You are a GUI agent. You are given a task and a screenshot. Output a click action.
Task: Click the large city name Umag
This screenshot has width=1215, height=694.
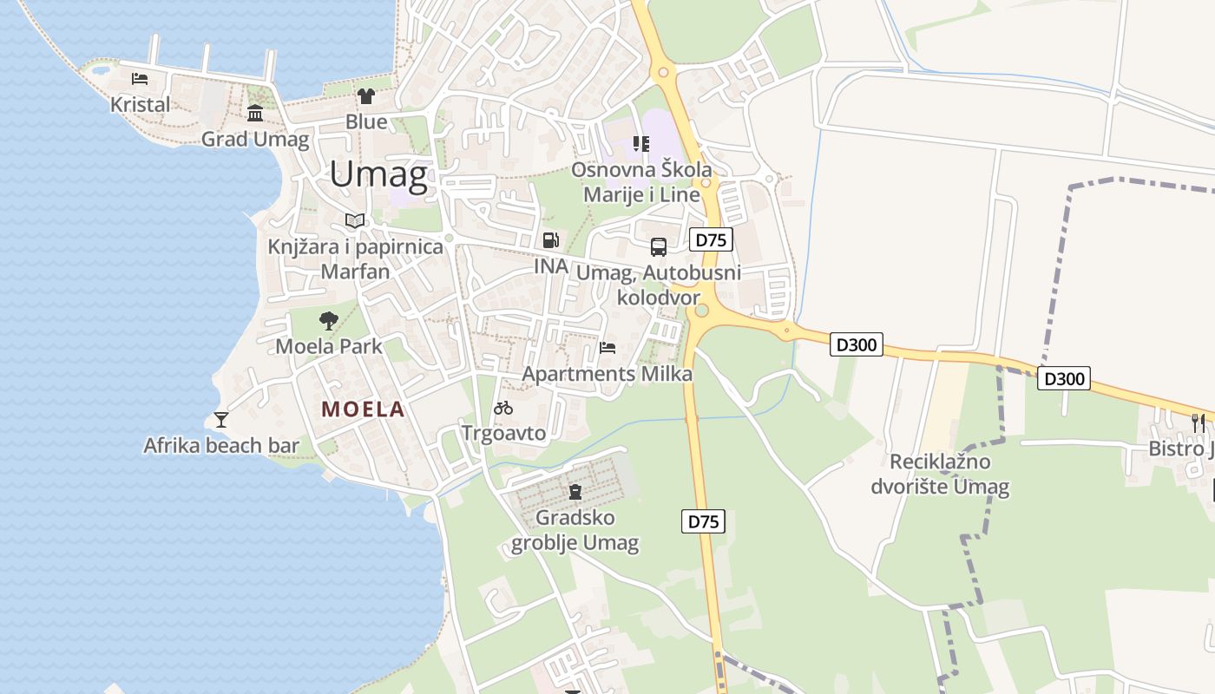(378, 175)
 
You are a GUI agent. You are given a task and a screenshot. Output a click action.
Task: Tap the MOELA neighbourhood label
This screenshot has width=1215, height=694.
(363, 409)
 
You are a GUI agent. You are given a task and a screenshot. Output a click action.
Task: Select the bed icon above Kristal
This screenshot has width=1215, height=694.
(140, 79)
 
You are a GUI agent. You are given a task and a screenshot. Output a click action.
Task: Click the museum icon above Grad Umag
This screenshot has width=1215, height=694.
(255, 114)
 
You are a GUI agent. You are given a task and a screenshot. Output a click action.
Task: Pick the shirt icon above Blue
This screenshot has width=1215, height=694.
(365, 95)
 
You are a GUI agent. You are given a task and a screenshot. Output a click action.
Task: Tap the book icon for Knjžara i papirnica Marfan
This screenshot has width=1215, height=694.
(354, 220)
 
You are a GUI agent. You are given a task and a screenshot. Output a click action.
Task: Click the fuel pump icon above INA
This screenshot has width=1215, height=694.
(550, 240)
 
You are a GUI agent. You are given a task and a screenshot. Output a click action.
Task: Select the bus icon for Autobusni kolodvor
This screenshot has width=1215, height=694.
(659, 247)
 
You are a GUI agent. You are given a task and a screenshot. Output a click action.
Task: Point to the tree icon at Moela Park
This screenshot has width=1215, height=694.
(328, 321)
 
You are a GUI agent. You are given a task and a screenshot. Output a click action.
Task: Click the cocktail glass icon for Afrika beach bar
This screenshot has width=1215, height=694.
(221, 420)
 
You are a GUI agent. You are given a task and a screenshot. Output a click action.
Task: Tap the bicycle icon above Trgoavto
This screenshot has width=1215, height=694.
(503, 407)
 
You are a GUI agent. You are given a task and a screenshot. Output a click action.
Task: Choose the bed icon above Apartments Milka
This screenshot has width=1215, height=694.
(607, 348)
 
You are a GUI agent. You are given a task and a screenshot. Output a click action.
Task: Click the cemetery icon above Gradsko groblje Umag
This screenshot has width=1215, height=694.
(574, 492)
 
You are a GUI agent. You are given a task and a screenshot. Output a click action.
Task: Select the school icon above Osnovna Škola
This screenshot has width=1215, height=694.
(640, 143)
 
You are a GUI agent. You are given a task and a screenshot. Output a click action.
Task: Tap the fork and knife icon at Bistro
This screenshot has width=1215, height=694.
(1199, 422)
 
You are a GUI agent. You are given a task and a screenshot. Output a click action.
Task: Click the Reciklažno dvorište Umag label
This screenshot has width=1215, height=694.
(940, 474)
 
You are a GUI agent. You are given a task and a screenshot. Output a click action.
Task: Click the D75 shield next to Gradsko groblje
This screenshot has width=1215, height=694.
(703, 521)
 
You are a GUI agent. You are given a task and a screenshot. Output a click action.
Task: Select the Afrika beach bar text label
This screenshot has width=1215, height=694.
(221, 446)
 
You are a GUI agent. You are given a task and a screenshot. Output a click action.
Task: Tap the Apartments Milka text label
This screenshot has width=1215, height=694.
(607, 374)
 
